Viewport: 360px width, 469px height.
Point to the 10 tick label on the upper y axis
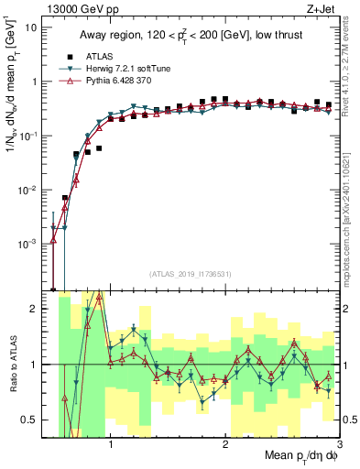[x=31, y=27]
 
